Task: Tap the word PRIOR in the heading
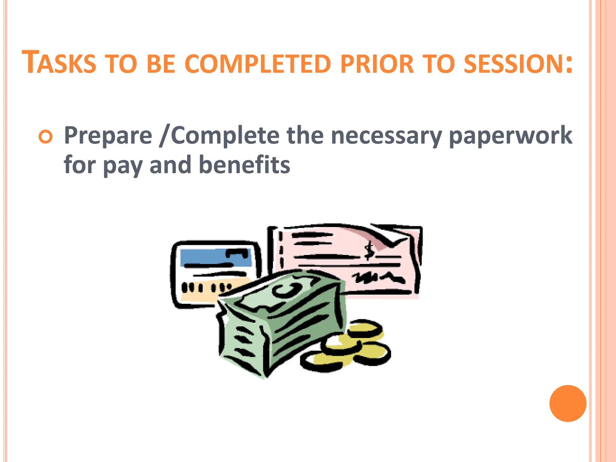point(377,64)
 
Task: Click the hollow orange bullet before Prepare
point(45,137)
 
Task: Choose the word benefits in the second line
point(244,165)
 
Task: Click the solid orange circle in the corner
point(568,403)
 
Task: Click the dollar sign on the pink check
point(369,251)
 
